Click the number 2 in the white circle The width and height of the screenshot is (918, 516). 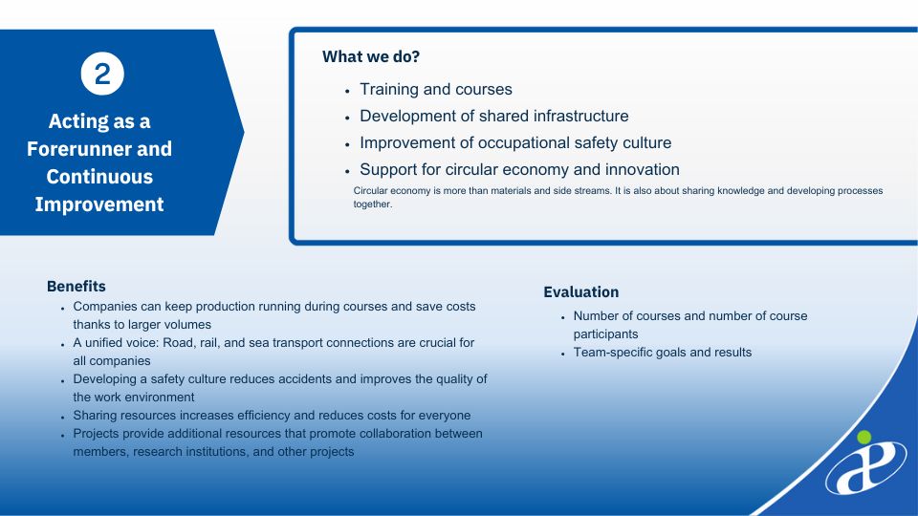coord(102,75)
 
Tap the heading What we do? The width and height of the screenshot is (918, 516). coord(371,56)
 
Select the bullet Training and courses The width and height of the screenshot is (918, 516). coord(436,89)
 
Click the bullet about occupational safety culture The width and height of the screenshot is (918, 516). coord(515,142)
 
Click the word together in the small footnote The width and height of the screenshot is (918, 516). coord(371,204)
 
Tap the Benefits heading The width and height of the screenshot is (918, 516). coord(76,286)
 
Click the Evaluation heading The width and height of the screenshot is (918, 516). coord(580,292)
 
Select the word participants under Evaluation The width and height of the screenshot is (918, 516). coord(605,334)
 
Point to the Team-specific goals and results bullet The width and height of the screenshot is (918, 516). coord(662,353)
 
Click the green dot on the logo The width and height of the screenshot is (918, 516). coord(863,437)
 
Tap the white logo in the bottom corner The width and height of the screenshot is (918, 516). coord(866,467)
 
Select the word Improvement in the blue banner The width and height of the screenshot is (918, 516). coord(98,204)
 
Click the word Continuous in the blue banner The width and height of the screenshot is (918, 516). coord(98,177)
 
